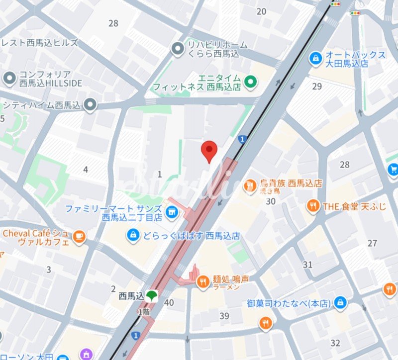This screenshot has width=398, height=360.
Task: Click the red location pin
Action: pos(209,151)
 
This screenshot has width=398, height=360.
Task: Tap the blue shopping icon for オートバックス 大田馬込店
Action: pos(315,59)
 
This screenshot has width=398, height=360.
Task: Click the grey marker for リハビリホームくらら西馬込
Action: pos(177,49)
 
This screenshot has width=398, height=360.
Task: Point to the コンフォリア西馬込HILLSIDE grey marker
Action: pos(9,79)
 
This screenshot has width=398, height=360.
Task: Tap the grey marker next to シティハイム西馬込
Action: pos(90,104)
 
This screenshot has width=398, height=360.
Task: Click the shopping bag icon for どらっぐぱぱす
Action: pos(132,234)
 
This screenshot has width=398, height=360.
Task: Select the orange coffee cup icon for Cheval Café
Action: pos(79,237)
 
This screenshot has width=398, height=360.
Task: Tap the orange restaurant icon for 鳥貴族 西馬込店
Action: pos(250,186)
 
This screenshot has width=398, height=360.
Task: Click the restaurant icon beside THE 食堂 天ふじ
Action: pos(313,205)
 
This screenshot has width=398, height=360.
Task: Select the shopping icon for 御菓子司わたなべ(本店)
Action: pos(340,302)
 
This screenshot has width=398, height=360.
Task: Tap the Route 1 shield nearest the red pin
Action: pos(242,139)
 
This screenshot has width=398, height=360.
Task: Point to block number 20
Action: pos(261,11)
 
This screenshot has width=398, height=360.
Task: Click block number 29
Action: pos(317,87)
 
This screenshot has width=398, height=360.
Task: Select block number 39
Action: pos(224,316)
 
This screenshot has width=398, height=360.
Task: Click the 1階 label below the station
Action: pos(144,311)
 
